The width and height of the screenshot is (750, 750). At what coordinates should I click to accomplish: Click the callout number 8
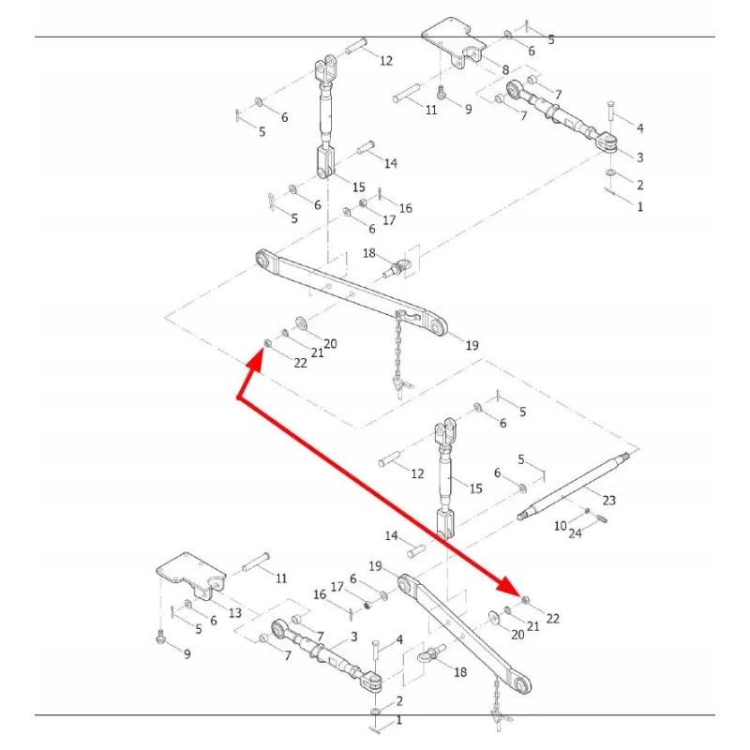click(506, 70)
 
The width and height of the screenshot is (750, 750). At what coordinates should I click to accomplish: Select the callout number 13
click(234, 612)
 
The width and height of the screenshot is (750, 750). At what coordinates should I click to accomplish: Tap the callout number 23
click(609, 500)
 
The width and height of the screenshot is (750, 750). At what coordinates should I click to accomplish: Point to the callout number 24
click(576, 533)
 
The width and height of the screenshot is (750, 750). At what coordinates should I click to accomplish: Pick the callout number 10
click(560, 526)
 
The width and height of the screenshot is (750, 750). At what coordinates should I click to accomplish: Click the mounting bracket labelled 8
click(455, 42)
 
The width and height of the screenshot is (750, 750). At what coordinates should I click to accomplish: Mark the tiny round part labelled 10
click(586, 511)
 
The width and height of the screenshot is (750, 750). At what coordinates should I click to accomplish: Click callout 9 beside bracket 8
click(468, 109)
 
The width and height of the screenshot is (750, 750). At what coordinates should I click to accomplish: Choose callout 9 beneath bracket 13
click(187, 653)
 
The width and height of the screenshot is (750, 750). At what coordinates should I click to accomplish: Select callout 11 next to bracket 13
click(280, 578)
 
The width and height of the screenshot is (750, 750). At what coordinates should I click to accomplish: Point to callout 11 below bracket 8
click(431, 110)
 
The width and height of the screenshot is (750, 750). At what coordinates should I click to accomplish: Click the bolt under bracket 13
click(161, 639)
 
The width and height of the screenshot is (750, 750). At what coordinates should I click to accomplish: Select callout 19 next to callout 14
click(375, 566)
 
